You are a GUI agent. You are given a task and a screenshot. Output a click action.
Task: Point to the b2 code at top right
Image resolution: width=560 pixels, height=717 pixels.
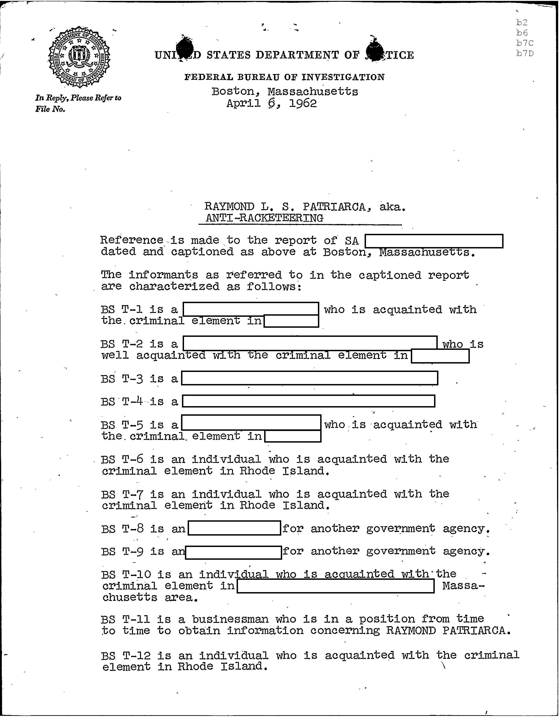coord(522,23)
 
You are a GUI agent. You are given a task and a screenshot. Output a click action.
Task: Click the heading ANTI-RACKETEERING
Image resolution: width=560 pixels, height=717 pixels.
coord(264,218)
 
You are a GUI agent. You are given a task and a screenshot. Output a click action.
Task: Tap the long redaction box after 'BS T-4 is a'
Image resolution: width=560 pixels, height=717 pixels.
coord(308,401)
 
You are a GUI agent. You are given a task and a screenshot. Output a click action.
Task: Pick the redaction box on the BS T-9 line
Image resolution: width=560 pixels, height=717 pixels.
coord(233,552)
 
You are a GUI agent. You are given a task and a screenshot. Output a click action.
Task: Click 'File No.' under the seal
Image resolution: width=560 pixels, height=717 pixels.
coord(50,109)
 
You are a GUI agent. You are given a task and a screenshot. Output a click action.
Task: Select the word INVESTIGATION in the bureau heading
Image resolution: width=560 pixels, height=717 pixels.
coord(343,77)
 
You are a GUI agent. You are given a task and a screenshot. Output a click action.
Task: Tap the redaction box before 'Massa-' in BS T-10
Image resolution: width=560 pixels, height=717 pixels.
coord(335,586)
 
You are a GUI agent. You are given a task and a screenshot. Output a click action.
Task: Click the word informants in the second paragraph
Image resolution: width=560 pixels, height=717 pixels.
coord(163,275)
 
